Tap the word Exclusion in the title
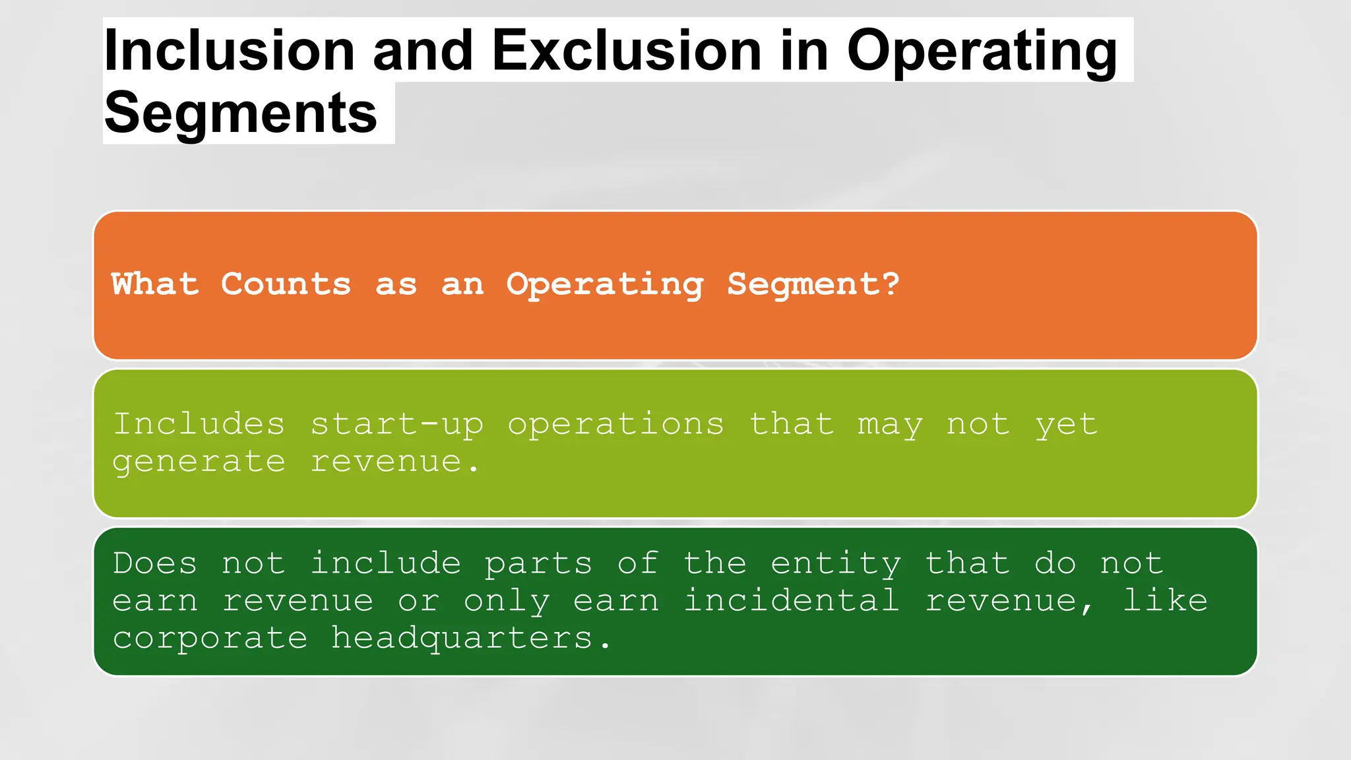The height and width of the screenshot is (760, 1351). pos(627,51)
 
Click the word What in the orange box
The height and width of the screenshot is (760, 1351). pos(155,284)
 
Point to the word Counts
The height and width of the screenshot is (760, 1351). pos(286,284)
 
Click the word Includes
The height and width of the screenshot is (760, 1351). pos(199,424)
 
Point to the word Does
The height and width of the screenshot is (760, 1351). pos(155,564)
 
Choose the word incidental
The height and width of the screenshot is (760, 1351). pos(791,601)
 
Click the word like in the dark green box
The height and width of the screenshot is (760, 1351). pos(1165,601)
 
